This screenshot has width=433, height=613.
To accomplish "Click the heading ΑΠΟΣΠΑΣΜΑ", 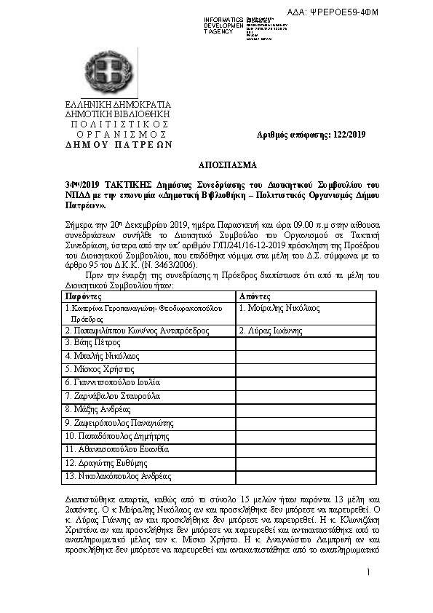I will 216,165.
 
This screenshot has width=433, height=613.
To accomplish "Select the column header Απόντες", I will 255,296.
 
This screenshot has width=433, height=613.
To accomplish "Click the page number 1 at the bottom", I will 369,572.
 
